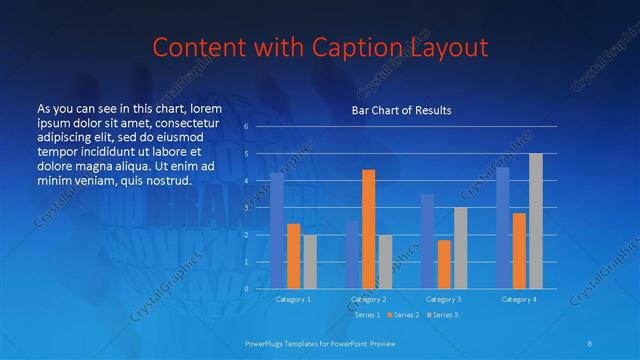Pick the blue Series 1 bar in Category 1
(277, 230)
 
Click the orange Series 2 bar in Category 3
(444, 263)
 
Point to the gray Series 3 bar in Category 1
(310, 261)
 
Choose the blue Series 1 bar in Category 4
(503, 227)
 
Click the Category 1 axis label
(293, 299)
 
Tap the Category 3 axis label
(443, 299)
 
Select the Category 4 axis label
(519, 299)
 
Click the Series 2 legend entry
(404, 315)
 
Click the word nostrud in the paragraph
(168, 180)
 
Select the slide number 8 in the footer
(590, 342)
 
